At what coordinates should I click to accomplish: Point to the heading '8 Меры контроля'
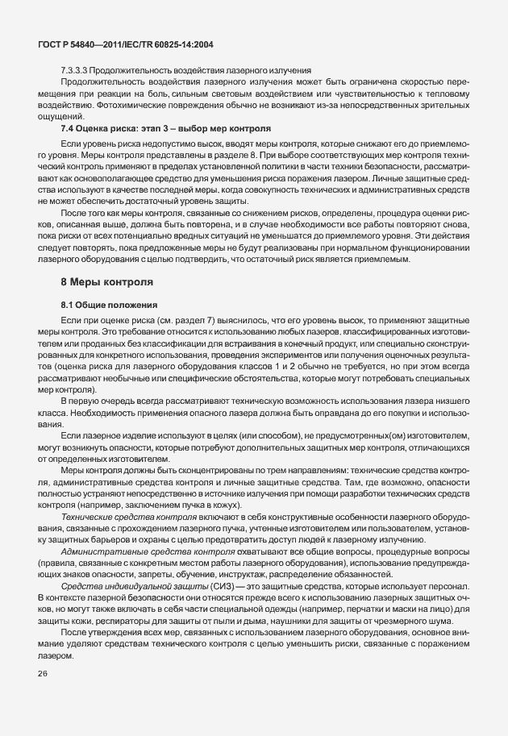(x=102, y=282)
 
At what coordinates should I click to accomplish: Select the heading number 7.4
(x=69, y=129)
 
